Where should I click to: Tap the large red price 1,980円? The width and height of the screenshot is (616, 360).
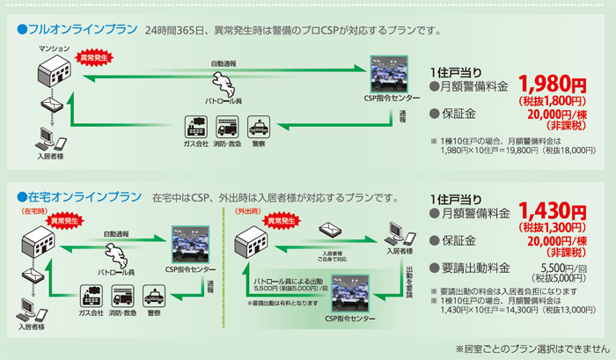point(551,84)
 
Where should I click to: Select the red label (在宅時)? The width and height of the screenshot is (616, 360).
point(33,211)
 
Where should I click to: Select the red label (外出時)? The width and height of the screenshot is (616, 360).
point(249,211)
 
